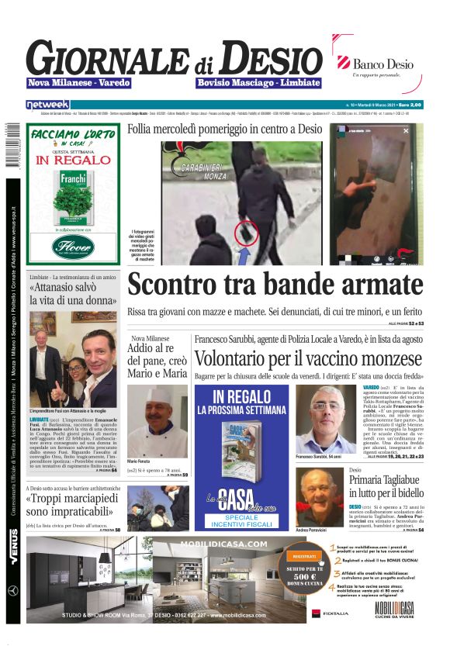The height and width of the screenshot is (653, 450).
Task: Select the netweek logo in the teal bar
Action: tap(48, 104)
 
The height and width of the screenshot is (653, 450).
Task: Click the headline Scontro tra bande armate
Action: tap(276, 285)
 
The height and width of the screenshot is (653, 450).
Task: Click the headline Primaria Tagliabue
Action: tap(386, 480)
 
